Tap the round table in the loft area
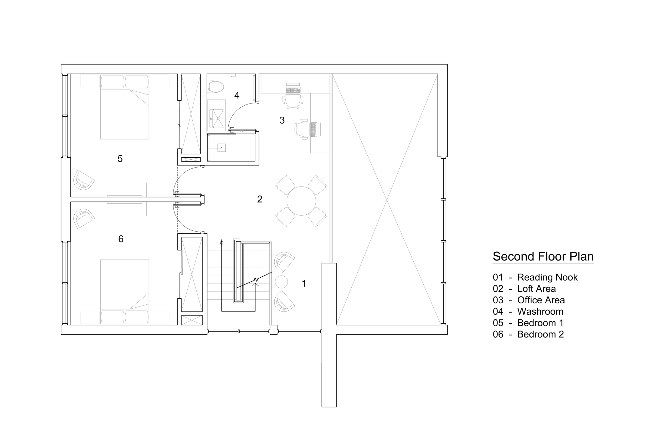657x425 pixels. pos(301,201)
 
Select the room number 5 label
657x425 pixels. pos(120,159)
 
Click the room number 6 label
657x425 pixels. pos(121,239)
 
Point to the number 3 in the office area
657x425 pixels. pos(282,120)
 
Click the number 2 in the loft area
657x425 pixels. pos(259,199)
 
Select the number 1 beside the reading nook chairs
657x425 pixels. pos(304,284)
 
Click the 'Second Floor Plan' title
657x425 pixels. pos(543,256)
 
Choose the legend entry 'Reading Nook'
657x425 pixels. pos(547,277)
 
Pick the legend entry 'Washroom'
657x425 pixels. pos(540,312)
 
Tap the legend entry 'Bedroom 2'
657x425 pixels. pos(540,334)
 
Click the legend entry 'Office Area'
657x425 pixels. pos(541,300)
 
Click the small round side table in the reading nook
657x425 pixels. pos(281,282)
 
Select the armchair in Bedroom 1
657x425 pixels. pos(83,180)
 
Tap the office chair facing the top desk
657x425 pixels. pos(292,101)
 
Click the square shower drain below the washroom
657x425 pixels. pos(221,148)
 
